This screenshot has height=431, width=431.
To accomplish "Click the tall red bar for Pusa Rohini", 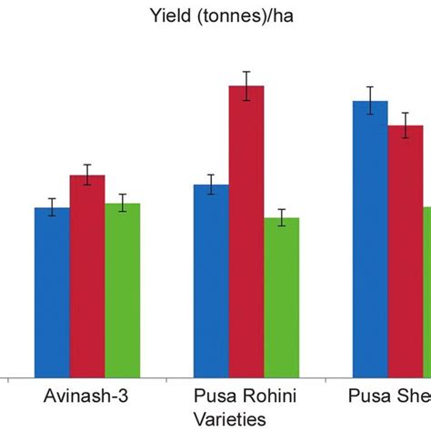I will [x=246, y=231].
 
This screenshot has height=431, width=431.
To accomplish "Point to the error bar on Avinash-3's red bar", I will [x=87, y=175].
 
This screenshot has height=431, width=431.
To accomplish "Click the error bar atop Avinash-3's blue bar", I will [x=52, y=207].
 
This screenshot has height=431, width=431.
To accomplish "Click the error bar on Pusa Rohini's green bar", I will [x=282, y=217].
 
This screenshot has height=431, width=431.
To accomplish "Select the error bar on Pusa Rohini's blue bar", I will [x=211, y=185].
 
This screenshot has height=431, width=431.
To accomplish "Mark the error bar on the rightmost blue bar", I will [x=370, y=101].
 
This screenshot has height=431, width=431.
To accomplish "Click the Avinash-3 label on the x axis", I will [x=87, y=398].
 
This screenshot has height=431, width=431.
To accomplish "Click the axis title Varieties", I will [x=228, y=419].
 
